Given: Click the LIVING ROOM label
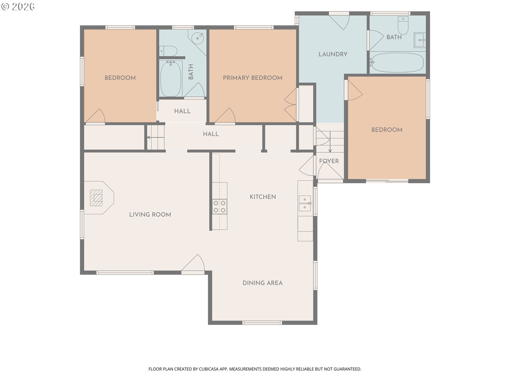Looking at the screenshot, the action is pyautogui.click(x=150, y=215).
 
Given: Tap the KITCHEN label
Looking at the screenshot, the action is pyautogui.click(x=263, y=197).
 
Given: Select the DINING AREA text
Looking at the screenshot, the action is pyautogui.click(x=262, y=283).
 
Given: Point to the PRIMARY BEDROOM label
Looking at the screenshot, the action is pyautogui.click(x=253, y=78).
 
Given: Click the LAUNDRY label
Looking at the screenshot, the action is pyautogui.click(x=333, y=54).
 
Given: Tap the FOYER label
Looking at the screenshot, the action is pyautogui.click(x=329, y=161).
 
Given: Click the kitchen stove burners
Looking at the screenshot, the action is pyautogui.click(x=220, y=207).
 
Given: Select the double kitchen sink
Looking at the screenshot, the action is pyautogui.click(x=305, y=203).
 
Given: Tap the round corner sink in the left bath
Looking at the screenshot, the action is pyautogui.click(x=198, y=38).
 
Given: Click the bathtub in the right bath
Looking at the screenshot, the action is pyautogui.click(x=397, y=63).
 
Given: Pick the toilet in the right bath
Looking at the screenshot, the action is pyautogui.click(x=403, y=26).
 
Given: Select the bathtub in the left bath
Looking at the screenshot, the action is pyautogui.click(x=171, y=79).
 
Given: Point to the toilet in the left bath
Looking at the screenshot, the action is pyautogui.click(x=168, y=51).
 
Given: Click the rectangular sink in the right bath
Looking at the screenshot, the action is pyautogui.click(x=420, y=40).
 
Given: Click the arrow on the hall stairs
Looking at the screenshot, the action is pyautogui.click(x=156, y=137).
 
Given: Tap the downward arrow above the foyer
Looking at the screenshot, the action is pyautogui.click(x=330, y=142).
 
